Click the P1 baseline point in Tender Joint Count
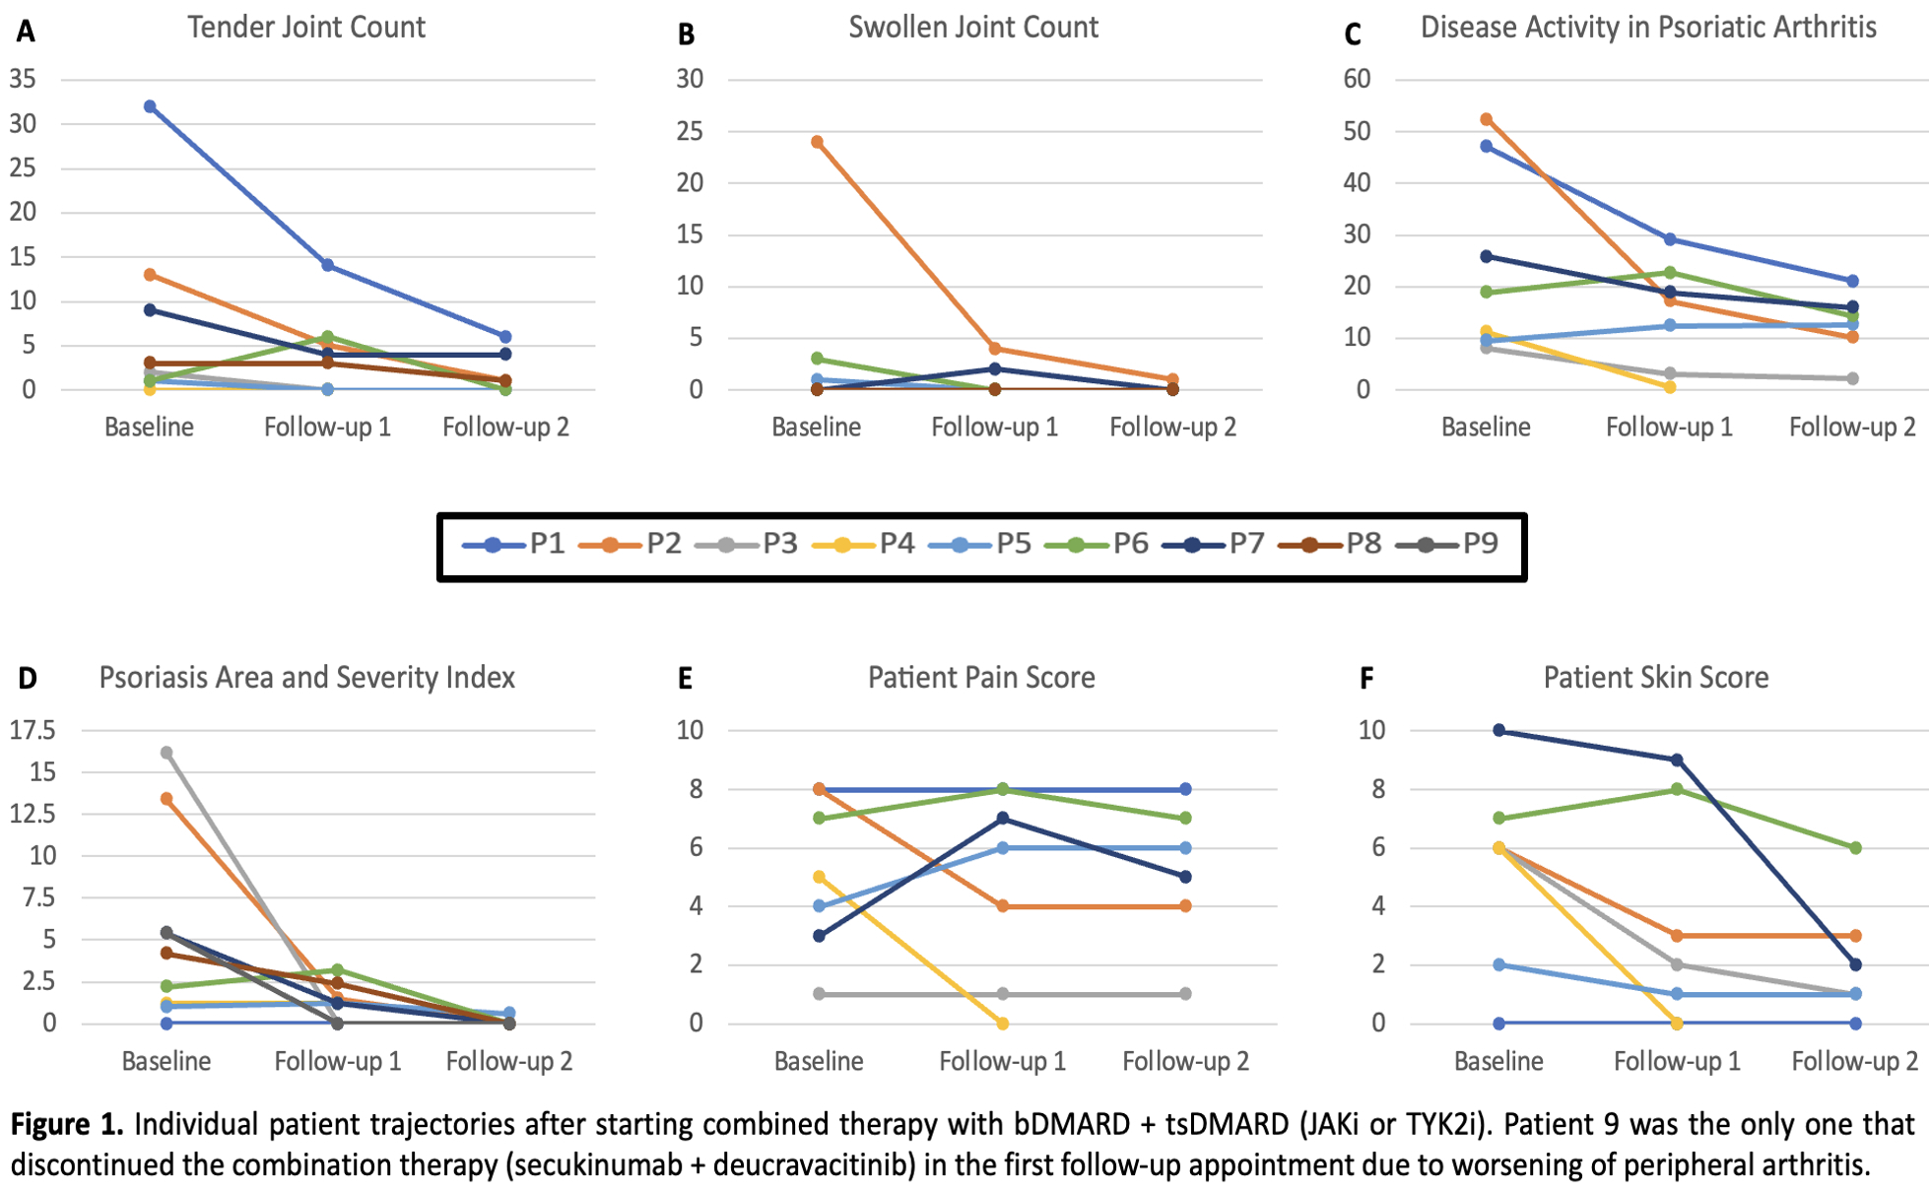point(150,106)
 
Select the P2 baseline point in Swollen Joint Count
point(817,142)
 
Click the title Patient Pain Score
point(981,678)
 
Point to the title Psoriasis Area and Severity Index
point(306,678)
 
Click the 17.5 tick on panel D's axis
point(33,730)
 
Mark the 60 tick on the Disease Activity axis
point(1357,79)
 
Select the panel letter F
point(1366,679)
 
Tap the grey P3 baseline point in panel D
point(166,753)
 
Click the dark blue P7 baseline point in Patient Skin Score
point(1498,730)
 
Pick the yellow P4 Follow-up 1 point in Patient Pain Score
point(1002,1024)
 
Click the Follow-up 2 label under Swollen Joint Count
point(1172,428)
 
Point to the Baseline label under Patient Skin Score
point(1498,1061)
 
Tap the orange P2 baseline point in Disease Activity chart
point(1486,120)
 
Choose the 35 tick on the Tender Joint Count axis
point(23,79)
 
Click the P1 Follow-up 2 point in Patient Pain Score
point(1185,789)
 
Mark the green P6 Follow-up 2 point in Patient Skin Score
point(1855,847)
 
